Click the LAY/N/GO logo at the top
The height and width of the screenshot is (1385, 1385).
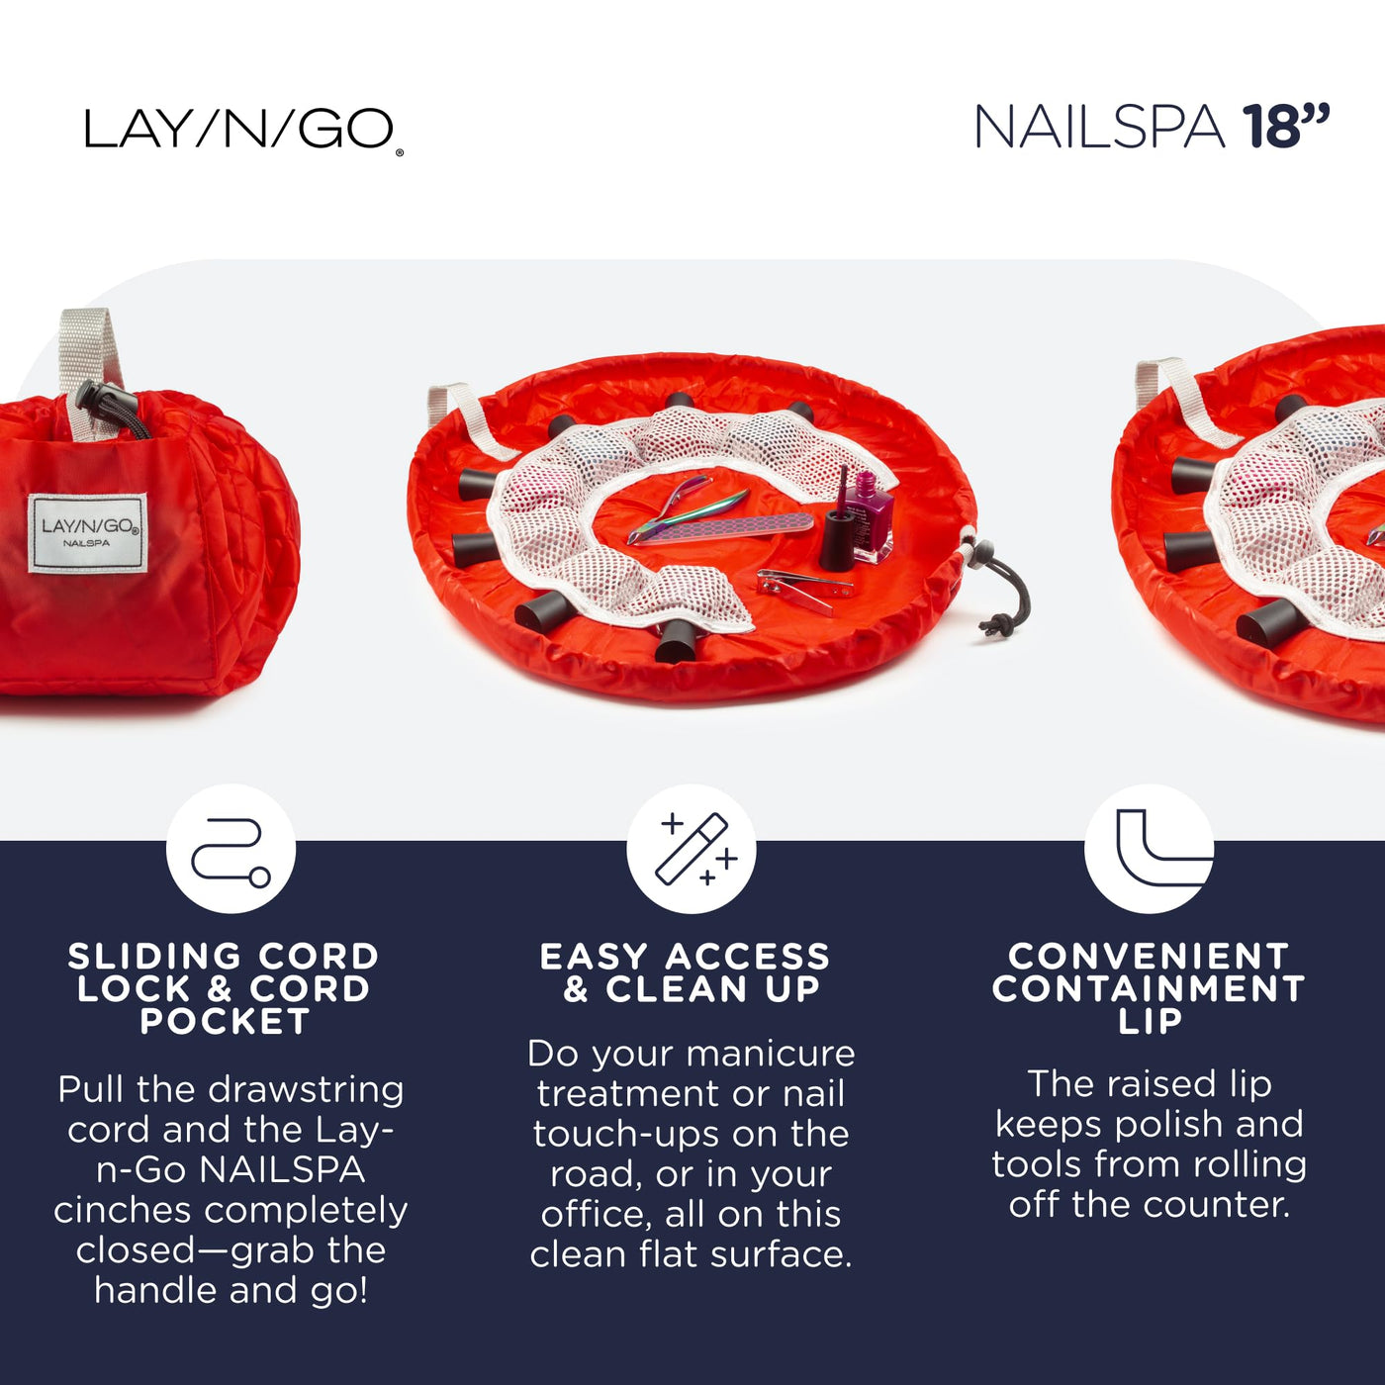(243, 130)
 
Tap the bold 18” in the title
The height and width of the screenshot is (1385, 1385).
(1286, 126)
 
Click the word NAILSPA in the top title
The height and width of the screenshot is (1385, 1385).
(1099, 128)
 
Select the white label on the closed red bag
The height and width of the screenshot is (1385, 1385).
(88, 532)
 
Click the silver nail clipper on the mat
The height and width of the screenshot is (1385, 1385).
(805, 590)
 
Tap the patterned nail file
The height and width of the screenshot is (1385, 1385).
(722, 529)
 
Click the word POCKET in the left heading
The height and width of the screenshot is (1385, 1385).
(225, 1021)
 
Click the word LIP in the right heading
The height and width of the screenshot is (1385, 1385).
(1150, 1021)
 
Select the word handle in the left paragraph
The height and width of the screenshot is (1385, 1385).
(156, 1289)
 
